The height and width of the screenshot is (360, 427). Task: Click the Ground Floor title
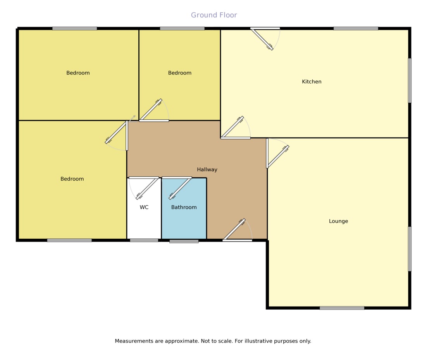[x=214, y=15]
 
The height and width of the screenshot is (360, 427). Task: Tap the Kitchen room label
[x=312, y=82]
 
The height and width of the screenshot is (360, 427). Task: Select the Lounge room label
[x=338, y=221]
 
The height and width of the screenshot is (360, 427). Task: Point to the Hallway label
[x=207, y=170]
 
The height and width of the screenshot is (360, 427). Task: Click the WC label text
[x=144, y=207]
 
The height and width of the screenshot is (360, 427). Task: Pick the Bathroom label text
[x=184, y=207]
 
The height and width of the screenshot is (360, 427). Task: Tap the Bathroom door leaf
[x=180, y=189]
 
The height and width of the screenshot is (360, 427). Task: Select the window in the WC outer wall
[x=144, y=240]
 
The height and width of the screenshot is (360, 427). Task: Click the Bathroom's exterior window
[x=184, y=241]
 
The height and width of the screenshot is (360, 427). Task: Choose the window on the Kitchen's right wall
[x=410, y=81]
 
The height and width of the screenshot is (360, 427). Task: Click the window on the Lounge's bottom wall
[x=342, y=308]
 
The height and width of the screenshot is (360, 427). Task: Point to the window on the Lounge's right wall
[x=410, y=249]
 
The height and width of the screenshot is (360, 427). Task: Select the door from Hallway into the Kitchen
[x=232, y=127]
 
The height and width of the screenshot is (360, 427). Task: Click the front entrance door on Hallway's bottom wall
[x=234, y=230]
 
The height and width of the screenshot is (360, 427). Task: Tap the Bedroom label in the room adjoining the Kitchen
[x=179, y=73]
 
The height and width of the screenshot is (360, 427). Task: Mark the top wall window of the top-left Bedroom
[x=74, y=28]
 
